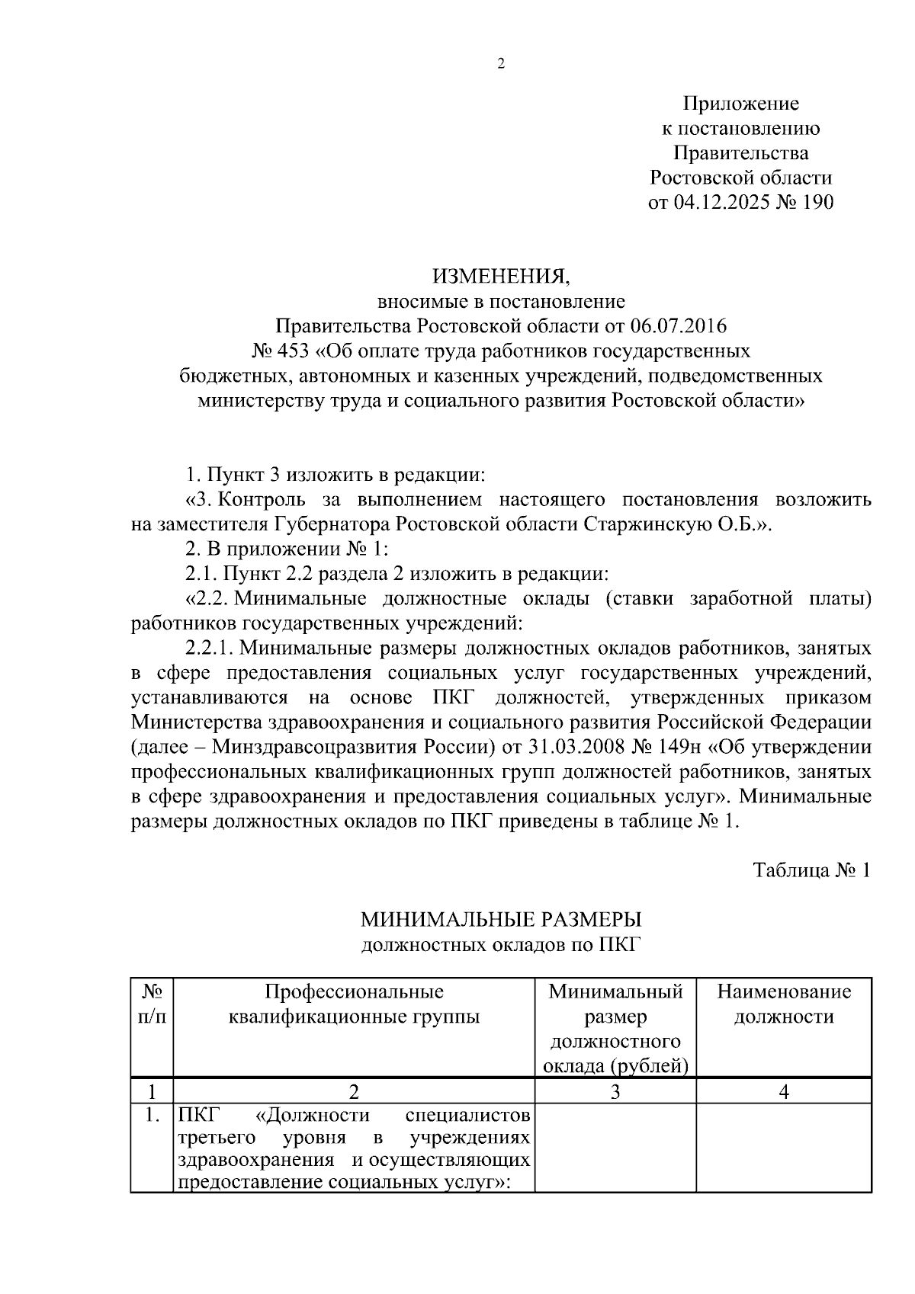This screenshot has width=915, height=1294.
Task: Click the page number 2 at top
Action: (x=501, y=64)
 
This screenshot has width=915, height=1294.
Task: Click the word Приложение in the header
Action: (x=740, y=104)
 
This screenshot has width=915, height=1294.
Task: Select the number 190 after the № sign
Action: (x=817, y=203)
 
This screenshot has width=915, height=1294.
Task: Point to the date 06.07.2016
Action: (x=679, y=326)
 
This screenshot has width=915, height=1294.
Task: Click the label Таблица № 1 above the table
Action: (x=811, y=870)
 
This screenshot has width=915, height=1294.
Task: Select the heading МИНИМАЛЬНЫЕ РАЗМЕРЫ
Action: (x=501, y=920)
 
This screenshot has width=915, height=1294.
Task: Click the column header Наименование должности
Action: (x=784, y=1004)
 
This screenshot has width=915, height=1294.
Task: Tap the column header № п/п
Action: (x=152, y=1004)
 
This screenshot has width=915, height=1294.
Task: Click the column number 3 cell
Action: (x=615, y=1091)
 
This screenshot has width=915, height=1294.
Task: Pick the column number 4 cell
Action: (x=784, y=1091)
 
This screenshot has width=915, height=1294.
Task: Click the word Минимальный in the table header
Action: (x=615, y=991)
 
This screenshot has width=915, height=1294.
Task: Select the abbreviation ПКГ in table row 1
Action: (x=197, y=1116)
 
